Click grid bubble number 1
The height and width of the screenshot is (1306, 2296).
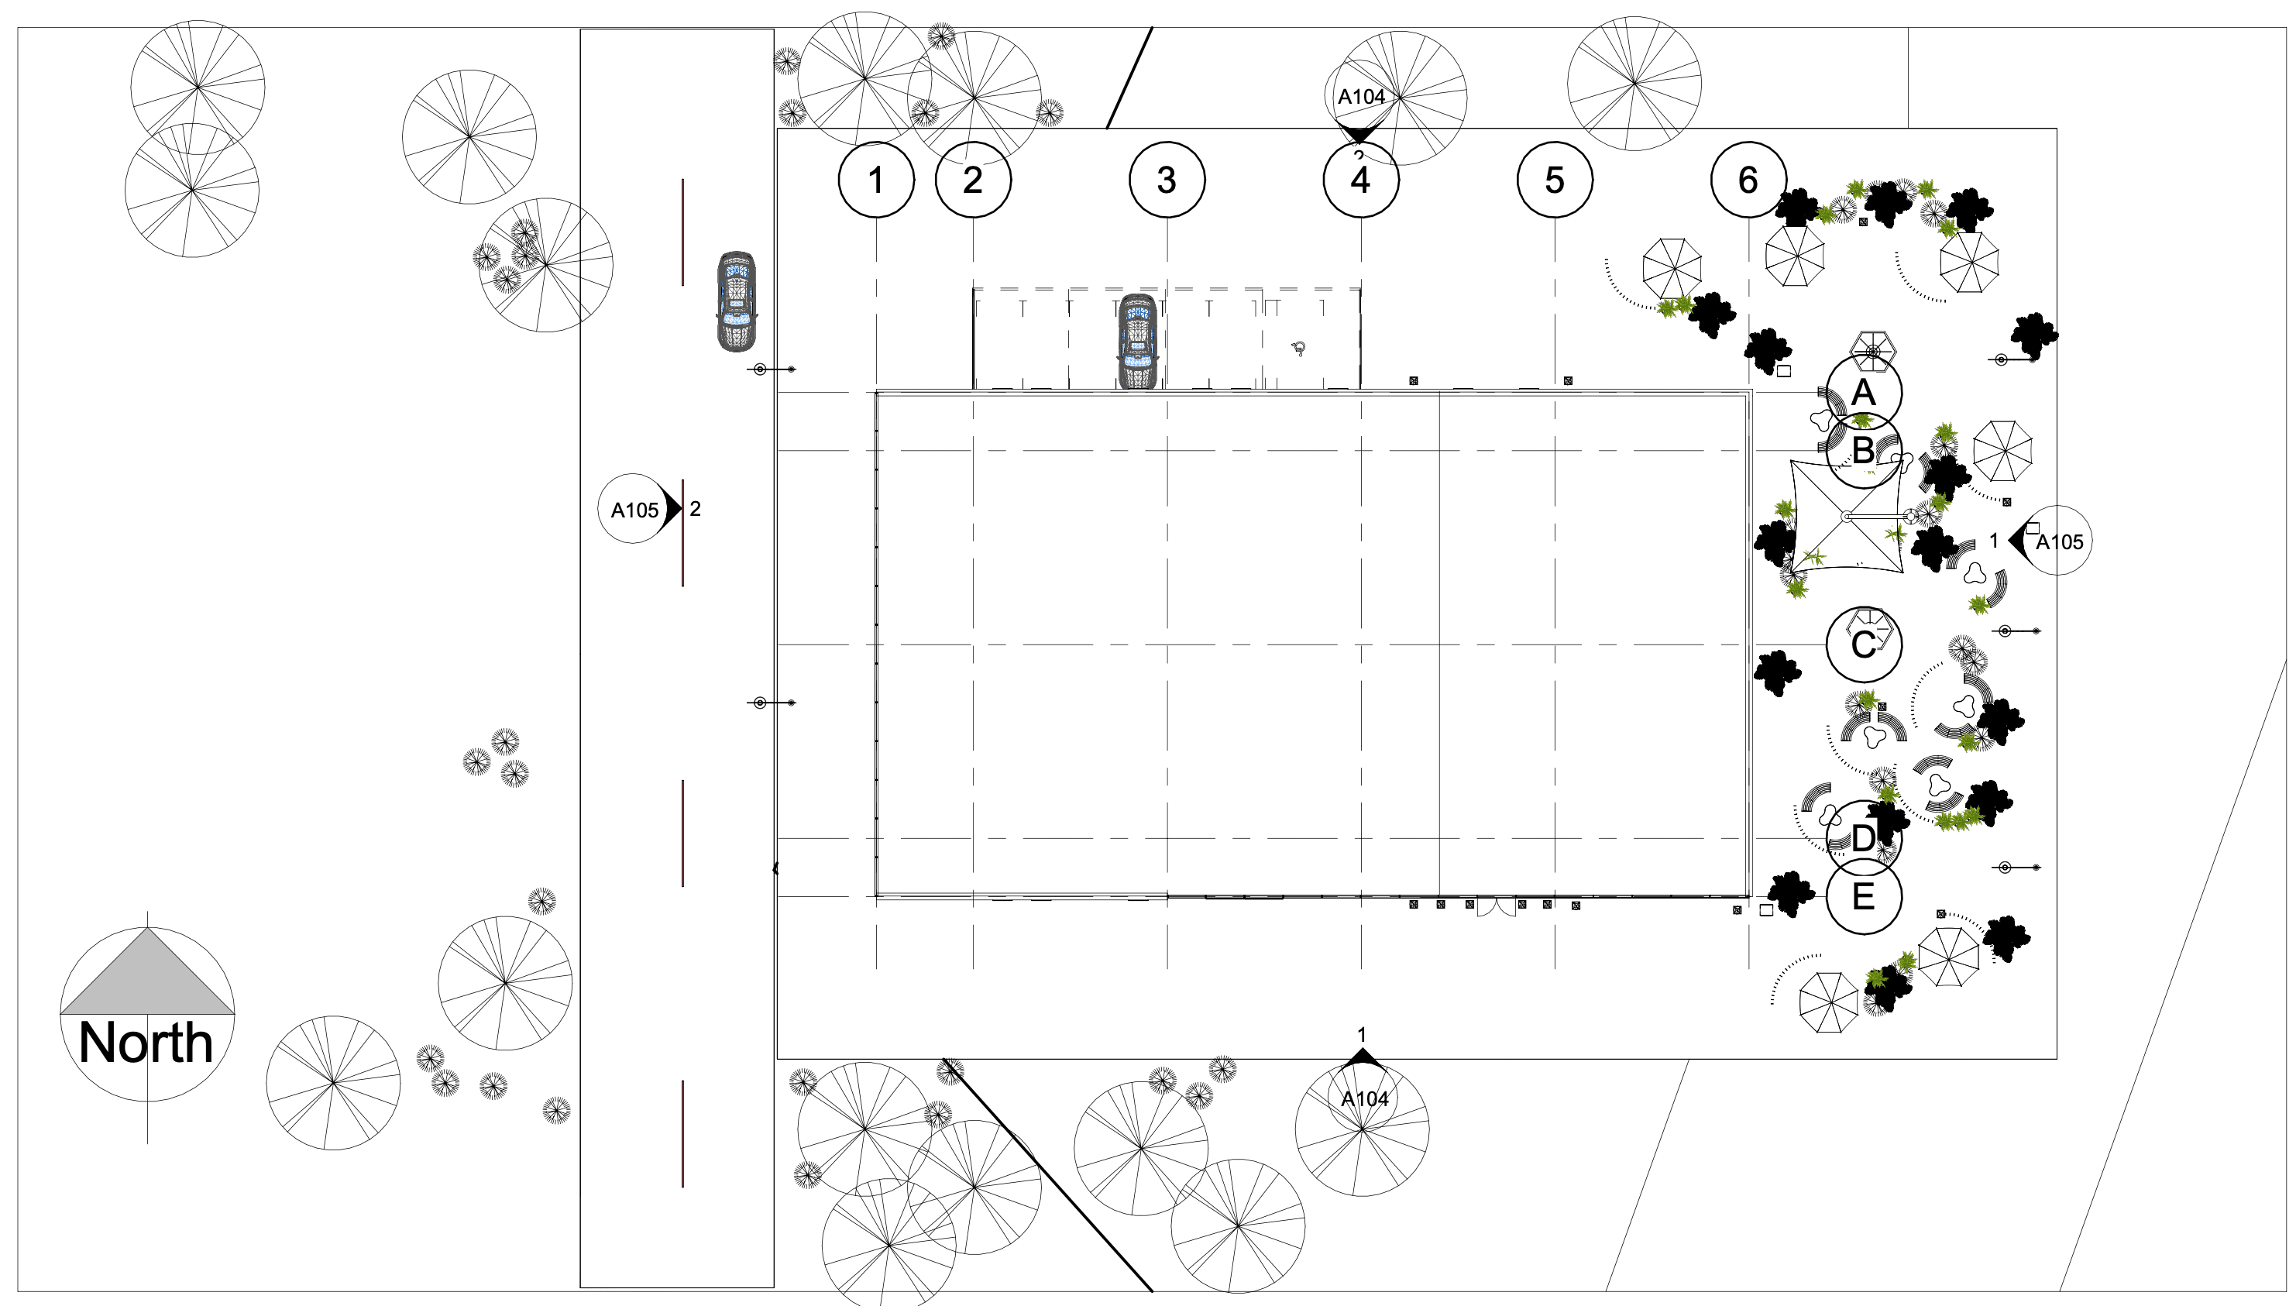coord(875,180)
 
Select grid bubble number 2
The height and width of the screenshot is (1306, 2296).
coord(972,180)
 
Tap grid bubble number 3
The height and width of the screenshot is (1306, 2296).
coord(1166,180)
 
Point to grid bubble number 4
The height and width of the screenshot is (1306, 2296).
coord(1360,180)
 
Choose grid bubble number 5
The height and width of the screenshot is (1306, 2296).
coord(1554,180)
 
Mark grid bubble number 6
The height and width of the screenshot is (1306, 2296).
coord(1748,180)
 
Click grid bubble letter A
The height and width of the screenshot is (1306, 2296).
coord(1863,393)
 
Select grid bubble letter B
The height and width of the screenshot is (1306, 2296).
coord(1863,450)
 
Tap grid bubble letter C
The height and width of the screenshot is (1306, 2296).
coord(1863,644)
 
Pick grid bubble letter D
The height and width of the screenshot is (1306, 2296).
coord(1863,838)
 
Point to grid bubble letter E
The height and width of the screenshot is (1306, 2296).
coord(1863,896)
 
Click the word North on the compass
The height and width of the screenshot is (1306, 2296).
coord(146,1043)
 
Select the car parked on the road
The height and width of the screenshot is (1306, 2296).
coord(737,301)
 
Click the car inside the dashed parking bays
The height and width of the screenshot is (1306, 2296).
coord(1137,342)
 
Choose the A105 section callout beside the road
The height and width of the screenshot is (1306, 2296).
coord(634,510)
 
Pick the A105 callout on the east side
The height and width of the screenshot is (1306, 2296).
coord(2057,541)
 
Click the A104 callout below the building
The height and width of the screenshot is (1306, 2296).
coord(1363,1098)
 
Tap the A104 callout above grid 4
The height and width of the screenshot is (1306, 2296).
coord(1360,96)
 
